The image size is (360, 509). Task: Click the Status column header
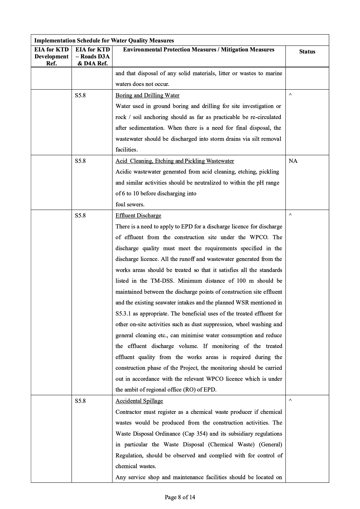[x=307, y=52]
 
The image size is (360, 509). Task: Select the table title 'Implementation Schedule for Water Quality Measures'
[x=104, y=41]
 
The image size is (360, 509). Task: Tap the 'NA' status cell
[x=293, y=161]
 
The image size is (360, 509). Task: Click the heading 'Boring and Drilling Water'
[x=147, y=95]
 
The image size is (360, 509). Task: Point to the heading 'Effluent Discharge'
[x=138, y=216]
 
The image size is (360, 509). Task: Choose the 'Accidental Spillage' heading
[x=139, y=401]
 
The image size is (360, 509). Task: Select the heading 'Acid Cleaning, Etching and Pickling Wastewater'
[x=174, y=161]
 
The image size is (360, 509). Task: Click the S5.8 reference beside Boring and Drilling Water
[x=80, y=95]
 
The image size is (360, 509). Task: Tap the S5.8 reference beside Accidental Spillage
[x=80, y=401]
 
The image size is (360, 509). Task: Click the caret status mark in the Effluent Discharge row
[x=290, y=215]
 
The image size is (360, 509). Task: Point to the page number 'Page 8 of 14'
[x=180, y=497]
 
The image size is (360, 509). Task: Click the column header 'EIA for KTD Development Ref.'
[x=51, y=56]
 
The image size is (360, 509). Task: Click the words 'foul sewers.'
[x=130, y=205]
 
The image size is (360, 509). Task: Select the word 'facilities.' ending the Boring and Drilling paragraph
[x=127, y=150]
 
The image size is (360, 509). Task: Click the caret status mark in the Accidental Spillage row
[x=290, y=400]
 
